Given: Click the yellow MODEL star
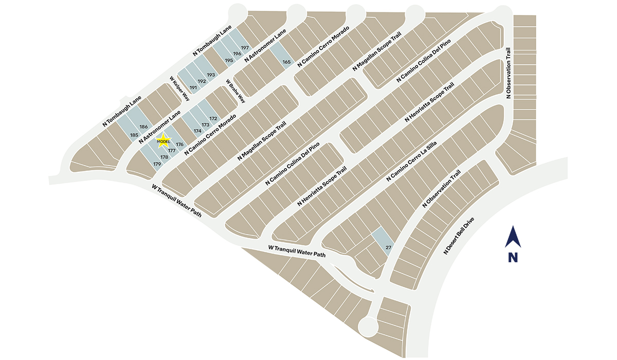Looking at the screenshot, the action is (x=163, y=141).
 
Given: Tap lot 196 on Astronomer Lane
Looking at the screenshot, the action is (x=237, y=53).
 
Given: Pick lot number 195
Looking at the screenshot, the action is (x=229, y=60).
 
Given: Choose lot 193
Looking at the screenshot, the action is (x=210, y=75).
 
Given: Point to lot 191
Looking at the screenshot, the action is (x=193, y=88).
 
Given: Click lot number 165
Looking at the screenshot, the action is (x=286, y=62).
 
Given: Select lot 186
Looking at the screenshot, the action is (x=143, y=127).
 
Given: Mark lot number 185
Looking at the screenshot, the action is (x=135, y=135).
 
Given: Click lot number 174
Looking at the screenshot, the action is (x=197, y=131).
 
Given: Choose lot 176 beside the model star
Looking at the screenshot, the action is (x=179, y=145).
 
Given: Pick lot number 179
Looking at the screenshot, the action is (x=157, y=164).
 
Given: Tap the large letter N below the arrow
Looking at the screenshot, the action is (x=513, y=258).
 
